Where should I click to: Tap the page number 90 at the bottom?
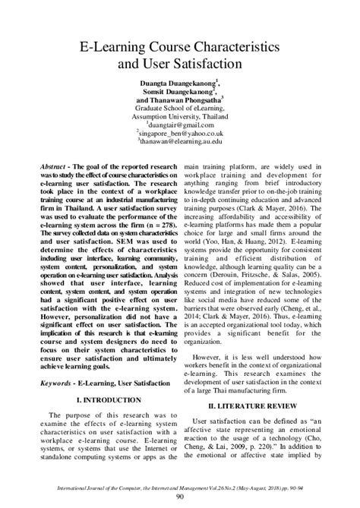click(x=180, y=497)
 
